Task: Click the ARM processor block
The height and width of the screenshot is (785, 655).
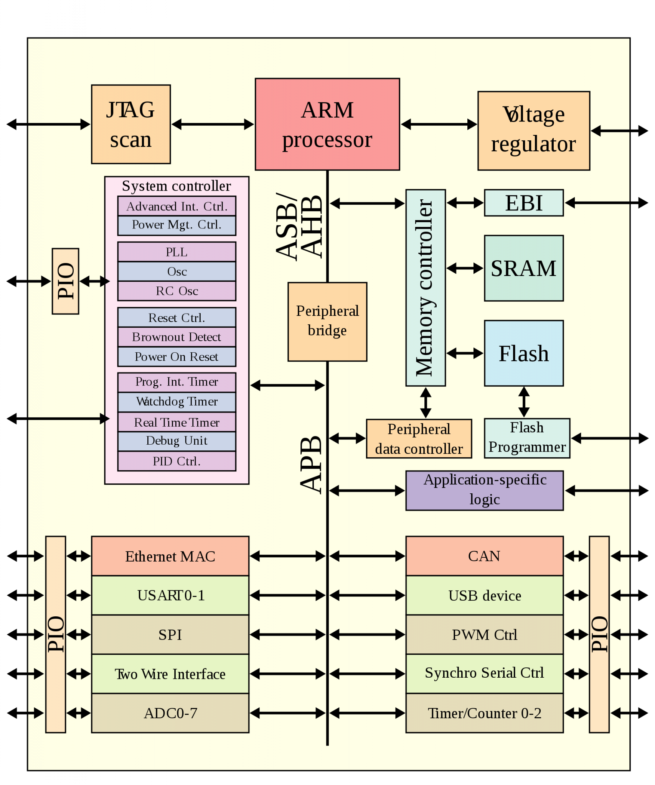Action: [327, 124]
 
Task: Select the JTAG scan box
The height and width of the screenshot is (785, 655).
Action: [131, 124]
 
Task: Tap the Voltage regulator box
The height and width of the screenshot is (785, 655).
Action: [533, 131]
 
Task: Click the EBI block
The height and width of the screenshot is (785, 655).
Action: [524, 203]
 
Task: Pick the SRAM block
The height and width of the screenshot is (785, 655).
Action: [524, 268]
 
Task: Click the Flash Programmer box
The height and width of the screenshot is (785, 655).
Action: [527, 438]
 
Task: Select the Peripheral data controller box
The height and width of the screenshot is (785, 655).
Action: [419, 439]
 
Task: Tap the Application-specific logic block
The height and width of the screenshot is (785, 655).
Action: [485, 490]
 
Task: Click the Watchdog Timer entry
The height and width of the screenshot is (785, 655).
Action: [177, 402]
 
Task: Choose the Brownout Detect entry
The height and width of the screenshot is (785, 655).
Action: [177, 337]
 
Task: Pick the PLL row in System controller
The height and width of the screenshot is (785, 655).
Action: [177, 252]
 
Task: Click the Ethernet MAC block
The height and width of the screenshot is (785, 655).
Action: [170, 556]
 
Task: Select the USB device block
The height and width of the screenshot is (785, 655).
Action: [485, 595]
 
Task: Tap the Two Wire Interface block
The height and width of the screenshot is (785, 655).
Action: [170, 674]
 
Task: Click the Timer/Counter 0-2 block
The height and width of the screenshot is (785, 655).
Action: [485, 713]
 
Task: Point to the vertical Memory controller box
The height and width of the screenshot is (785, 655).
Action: [426, 287]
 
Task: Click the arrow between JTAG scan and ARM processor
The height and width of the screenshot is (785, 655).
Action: [213, 124]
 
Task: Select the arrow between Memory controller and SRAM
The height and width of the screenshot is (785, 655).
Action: [465, 268]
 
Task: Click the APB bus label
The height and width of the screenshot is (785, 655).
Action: [311, 465]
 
